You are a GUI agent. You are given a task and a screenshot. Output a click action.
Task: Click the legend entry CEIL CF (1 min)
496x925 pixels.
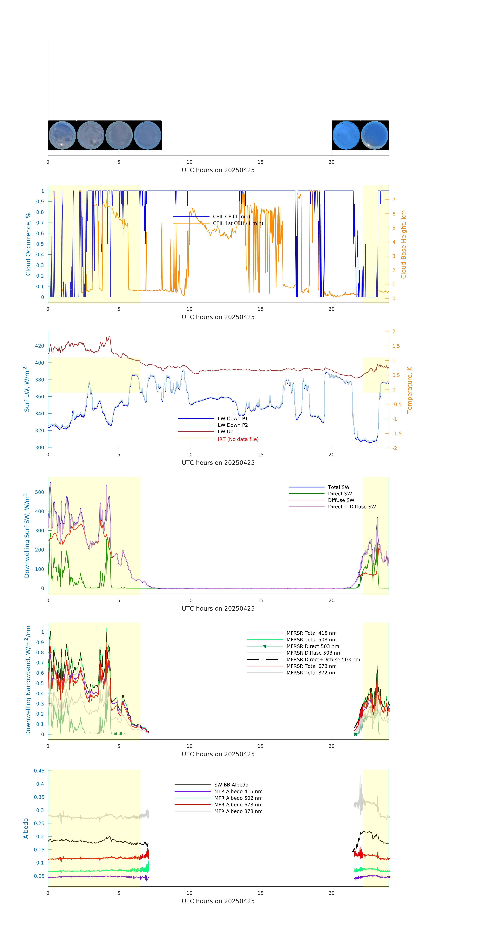click(x=231, y=217)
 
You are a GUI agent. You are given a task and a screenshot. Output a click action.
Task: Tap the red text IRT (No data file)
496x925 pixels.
click(x=238, y=439)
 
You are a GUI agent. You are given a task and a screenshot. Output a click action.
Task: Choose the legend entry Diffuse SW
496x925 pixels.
click(x=341, y=500)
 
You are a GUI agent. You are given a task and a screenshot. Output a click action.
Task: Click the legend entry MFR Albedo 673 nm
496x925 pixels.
click(x=238, y=805)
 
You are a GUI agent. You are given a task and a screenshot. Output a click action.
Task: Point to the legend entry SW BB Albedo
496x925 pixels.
click(x=231, y=785)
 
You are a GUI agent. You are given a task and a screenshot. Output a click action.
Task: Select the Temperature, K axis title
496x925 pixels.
click(x=409, y=390)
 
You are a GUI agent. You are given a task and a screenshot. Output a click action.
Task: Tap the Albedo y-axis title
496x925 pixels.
click(x=26, y=828)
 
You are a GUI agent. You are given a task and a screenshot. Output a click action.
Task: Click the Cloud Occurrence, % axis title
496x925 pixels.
click(x=28, y=244)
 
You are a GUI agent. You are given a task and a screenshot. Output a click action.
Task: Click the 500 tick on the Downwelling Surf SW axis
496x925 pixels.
click(x=39, y=492)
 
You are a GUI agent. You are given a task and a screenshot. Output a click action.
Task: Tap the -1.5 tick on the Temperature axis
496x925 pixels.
click(x=397, y=434)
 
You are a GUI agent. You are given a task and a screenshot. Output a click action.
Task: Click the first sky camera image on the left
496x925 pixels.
click(x=62, y=135)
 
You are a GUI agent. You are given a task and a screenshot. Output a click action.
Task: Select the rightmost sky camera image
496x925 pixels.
click(x=374, y=135)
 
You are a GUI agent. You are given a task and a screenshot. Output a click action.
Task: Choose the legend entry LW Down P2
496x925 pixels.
click(x=232, y=425)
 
